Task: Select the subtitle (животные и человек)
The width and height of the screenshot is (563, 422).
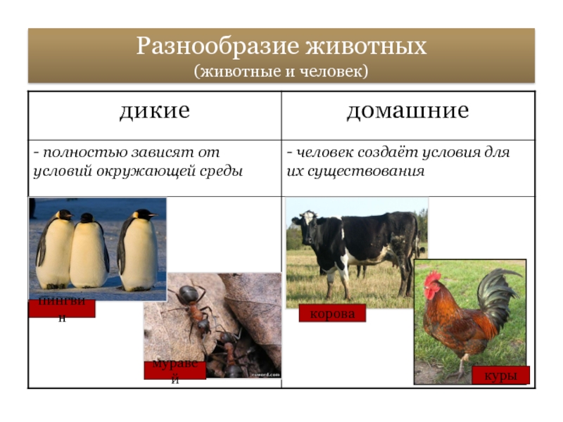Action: tap(281, 71)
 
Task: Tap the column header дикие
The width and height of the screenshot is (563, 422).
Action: tap(155, 111)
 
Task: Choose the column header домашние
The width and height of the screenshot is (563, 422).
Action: tap(407, 111)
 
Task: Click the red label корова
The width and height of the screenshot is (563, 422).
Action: tap(332, 314)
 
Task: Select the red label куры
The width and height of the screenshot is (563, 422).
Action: tap(500, 376)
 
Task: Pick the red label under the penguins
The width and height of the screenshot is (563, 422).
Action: tap(62, 308)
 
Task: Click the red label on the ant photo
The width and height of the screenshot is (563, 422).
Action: tap(175, 370)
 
